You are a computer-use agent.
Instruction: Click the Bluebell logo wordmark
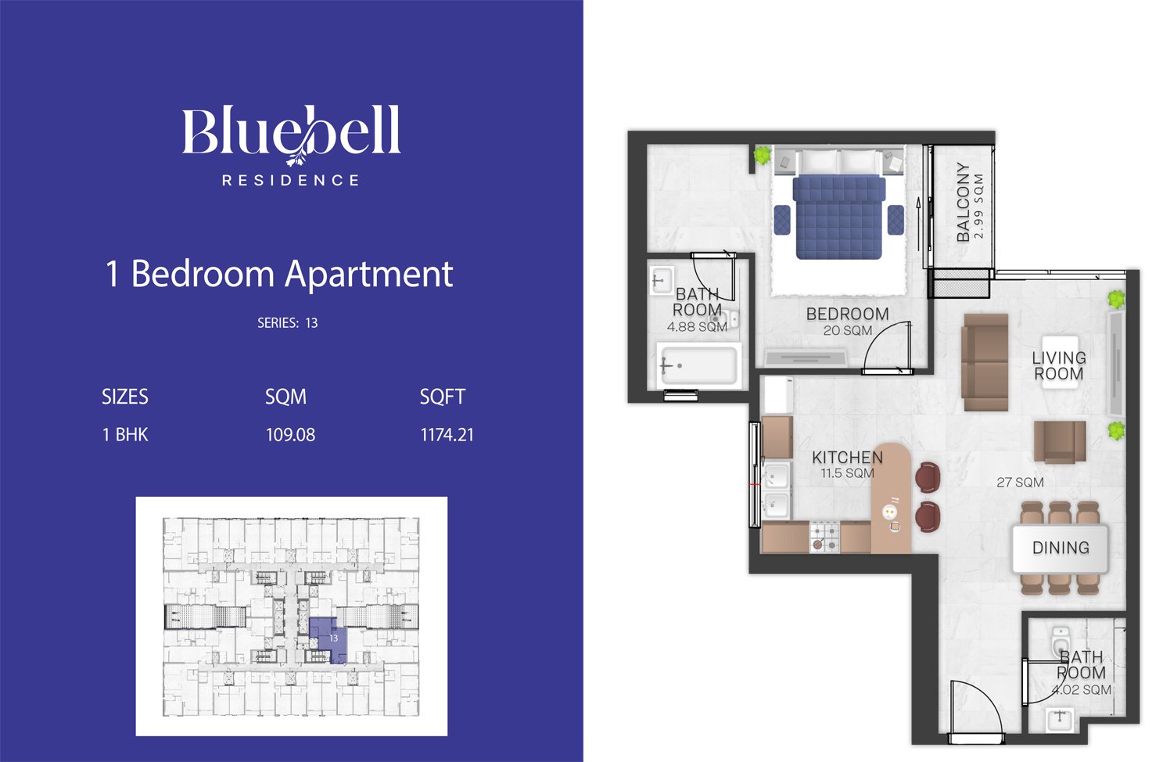[x=291, y=131]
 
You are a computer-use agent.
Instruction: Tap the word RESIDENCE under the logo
[x=291, y=180]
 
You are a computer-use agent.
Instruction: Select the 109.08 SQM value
[x=290, y=435]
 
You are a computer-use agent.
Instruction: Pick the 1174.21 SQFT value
[x=447, y=435]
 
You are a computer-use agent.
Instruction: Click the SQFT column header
[x=443, y=397]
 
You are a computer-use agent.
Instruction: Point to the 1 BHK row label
[x=125, y=435]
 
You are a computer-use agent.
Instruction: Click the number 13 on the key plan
[x=333, y=638]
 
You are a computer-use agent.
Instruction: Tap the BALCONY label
[x=964, y=202]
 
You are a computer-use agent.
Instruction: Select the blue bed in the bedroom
[x=839, y=217]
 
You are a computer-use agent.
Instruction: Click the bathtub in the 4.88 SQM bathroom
[x=699, y=365]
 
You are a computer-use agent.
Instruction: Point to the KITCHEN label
[x=847, y=458]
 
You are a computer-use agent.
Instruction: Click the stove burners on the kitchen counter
[x=825, y=537]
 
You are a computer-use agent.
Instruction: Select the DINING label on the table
[x=1061, y=548]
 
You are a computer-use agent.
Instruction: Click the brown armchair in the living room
[x=1060, y=442]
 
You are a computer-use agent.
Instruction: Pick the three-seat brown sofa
[x=985, y=362]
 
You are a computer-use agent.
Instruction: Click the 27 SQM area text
[x=1020, y=483]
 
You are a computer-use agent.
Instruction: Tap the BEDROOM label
[x=847, y=314]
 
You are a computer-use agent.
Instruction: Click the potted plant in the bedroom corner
[x=763, y=155]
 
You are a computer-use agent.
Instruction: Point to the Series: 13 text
[x=287, y=323]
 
